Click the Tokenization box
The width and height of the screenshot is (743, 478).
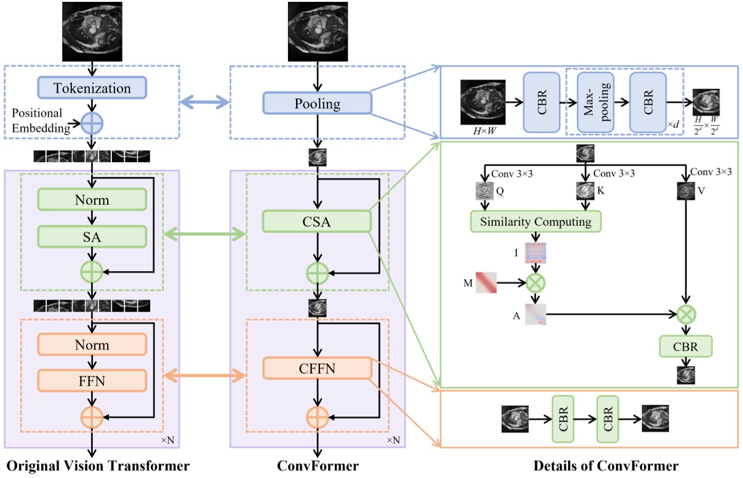(x=92, y=87)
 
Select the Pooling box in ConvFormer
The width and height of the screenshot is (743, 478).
(x=317, y=103)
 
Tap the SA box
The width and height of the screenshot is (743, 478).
(x=92, y=236)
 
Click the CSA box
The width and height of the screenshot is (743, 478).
(x=317, y=222)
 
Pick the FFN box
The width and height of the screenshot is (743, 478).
(x=92, y=381)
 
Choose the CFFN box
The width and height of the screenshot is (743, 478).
(x=317, y=368)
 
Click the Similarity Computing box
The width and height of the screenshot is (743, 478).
(x=535, y=222)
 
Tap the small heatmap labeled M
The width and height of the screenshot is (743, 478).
(x=486, y=283)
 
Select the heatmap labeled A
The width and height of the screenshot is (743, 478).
(x=535, y=315)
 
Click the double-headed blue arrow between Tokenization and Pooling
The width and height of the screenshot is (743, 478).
(x=204, y=102)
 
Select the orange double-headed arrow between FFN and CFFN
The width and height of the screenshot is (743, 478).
(x=204, y=375)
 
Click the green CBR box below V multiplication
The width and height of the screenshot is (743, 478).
(x=686, y=347)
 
